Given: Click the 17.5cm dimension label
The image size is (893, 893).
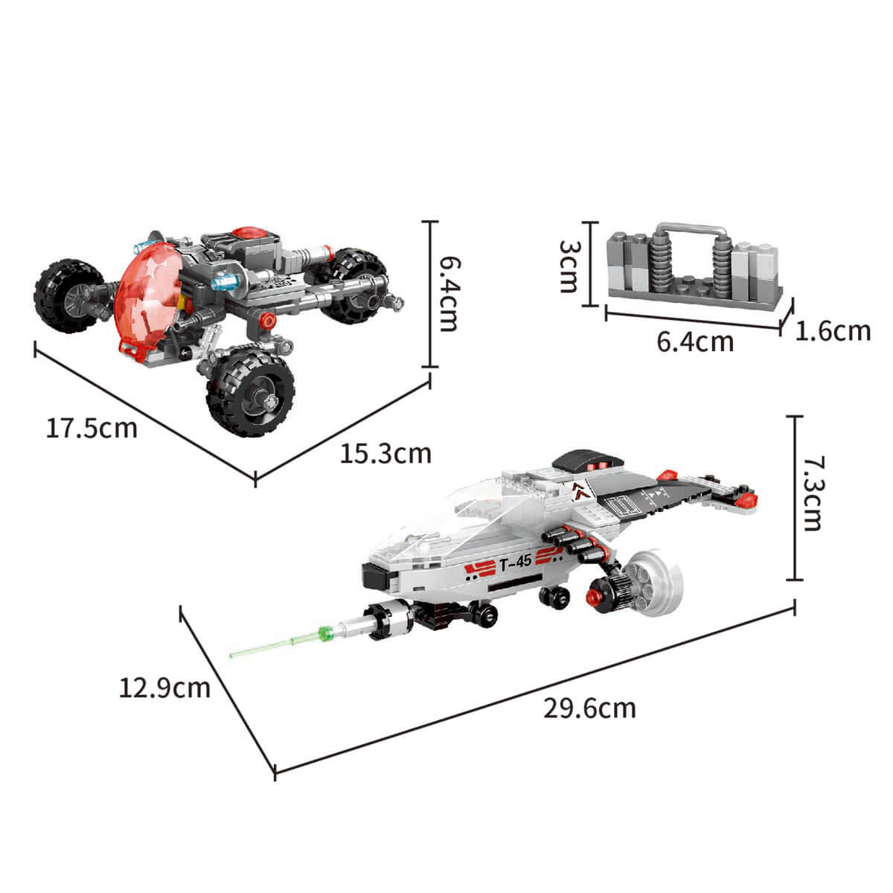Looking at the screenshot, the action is pyautogui.click(x=92, y=428).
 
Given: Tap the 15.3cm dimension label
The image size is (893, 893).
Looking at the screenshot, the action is pyautogui.click(x=385, y=454).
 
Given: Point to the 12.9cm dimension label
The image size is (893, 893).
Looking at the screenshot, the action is pyautogui.click(x=164, y=688).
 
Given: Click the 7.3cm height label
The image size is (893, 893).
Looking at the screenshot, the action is pyautogui.click(x=812, y=494).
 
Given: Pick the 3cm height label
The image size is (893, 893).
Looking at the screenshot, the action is pyautogui.click(x=568, y=266).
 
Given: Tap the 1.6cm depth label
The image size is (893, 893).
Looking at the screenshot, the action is pyautogui.click(x=833, y=331).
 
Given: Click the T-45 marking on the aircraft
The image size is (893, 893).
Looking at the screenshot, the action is pyautogui.click(x=516, y=563).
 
